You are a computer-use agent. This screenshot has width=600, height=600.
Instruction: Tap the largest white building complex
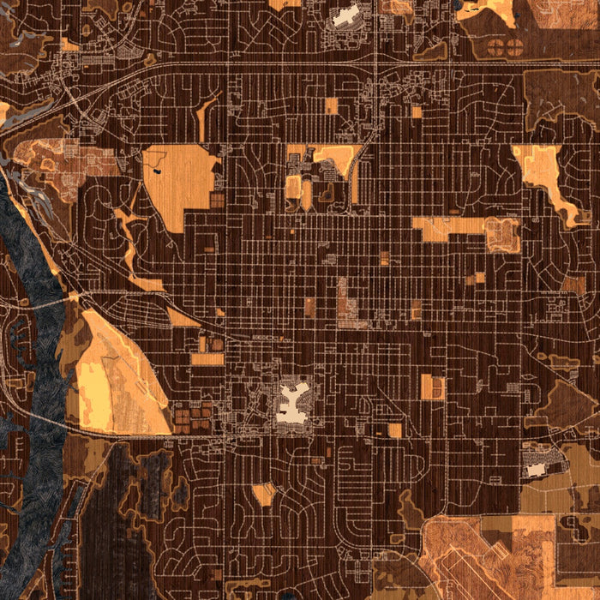pos(295,403)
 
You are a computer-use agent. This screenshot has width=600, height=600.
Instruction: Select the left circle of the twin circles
pos(501,50)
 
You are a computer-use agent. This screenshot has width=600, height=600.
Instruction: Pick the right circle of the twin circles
pos(515,50)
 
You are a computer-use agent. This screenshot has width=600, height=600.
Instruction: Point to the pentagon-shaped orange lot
pos(263,494)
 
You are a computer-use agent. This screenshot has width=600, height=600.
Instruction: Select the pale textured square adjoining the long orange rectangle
pos(503,235)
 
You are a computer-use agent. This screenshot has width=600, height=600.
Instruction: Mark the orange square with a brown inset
pos(433,387)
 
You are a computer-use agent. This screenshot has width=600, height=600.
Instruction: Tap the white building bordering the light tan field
pos(537,470)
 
